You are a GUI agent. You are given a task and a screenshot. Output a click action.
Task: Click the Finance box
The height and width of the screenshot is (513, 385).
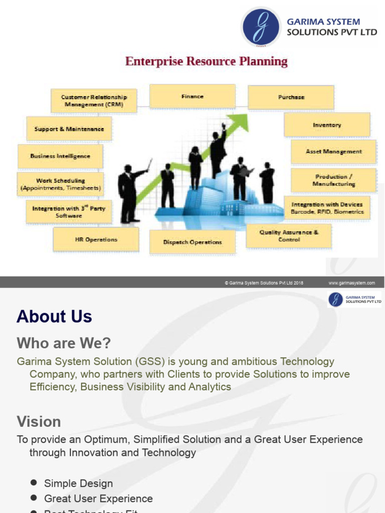(x=192, y=96)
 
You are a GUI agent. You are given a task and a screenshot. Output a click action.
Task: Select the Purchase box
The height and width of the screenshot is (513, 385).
(x=291, y=97)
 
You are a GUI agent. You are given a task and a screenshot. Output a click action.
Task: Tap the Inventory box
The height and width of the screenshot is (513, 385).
(x=327, y=125)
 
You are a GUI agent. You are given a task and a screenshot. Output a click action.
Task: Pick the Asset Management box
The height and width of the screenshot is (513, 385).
(x=333, y=151)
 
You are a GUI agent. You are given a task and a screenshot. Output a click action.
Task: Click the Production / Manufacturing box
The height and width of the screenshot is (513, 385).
(x=333, y=180)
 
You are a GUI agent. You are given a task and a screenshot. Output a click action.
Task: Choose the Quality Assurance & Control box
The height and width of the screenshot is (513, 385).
(x=288, y=236)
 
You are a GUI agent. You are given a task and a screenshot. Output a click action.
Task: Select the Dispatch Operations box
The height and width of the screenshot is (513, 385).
(x=192, y=242)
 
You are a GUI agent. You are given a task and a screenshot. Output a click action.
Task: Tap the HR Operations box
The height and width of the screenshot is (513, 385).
(x=96, y=239)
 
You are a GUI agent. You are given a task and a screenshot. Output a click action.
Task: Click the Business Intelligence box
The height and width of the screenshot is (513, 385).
(x=60, y=156)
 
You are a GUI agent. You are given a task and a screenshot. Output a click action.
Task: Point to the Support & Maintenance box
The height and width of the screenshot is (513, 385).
(x=69, y=129)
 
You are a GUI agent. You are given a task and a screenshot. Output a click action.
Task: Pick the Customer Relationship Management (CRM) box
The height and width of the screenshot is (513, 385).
(x=94, y=101)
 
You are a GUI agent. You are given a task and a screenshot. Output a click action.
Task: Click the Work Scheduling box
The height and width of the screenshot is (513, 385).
(x=61, y=184)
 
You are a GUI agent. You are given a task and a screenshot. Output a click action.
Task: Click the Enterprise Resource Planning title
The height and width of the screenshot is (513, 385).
(x=206, y=62)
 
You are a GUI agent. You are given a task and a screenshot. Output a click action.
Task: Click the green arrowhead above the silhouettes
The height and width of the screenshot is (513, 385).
(x=241, y=121)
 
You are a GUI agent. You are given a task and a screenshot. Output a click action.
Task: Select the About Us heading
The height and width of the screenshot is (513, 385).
(x=54, y=317)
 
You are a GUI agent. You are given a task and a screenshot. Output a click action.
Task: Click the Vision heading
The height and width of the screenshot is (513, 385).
(x=39, y=421)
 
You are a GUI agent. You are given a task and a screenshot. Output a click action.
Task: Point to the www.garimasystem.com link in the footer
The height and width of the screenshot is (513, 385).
(x=351, y=283)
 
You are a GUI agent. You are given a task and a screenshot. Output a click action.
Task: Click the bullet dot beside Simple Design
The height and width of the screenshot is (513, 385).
(x=34, y=482)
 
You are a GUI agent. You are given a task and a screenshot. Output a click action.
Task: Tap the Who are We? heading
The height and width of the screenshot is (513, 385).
(x=64, y=343)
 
